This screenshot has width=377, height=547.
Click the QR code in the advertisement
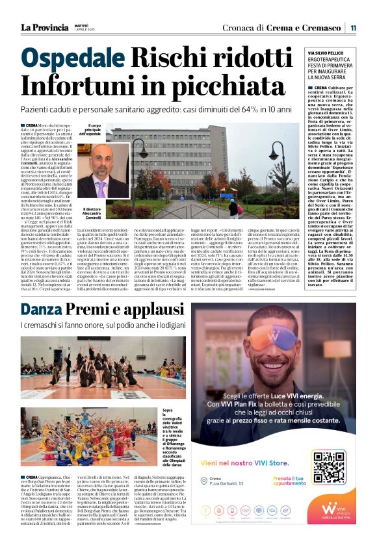coord(328,466)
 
